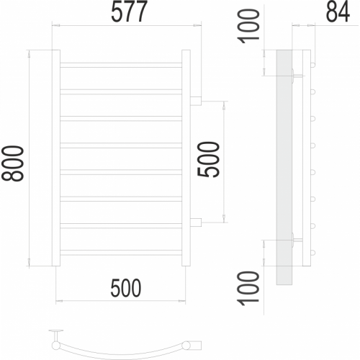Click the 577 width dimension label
[x=129, y=12]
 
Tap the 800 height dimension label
[x=12, y=163]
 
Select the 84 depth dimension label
[x=338, y=12]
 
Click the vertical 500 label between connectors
[x=208, y=160]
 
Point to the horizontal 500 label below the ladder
[x=126, y=287]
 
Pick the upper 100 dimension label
[x=248, y=26]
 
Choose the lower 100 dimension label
[x=248, y=289]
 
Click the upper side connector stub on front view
[x=196, y=101]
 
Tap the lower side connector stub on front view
[x=196, y=222]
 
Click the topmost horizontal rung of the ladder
[x=121, y=65]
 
